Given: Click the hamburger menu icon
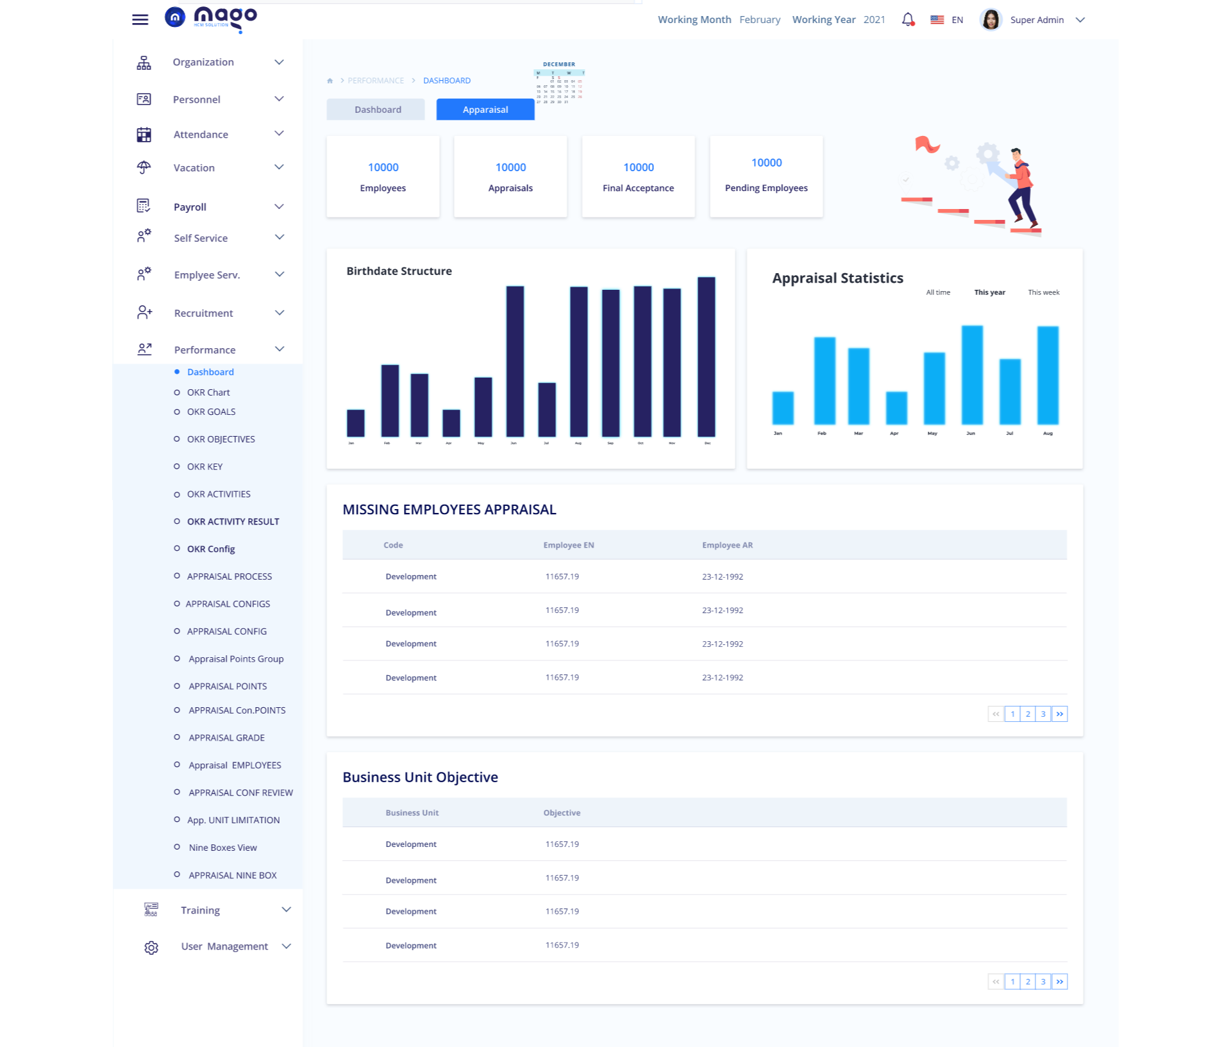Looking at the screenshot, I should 140,20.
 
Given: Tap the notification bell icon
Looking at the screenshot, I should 907,20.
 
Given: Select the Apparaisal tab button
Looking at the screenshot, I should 485,110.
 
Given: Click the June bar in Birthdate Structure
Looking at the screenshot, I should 515,362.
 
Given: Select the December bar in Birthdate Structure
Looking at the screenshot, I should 707,357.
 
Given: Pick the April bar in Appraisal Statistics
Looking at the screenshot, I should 896,408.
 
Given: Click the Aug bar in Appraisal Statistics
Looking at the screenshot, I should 1048,375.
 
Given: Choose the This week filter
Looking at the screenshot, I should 1043,292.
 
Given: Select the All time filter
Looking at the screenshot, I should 938,292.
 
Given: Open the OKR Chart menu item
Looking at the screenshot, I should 208,392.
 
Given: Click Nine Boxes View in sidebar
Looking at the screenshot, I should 222,848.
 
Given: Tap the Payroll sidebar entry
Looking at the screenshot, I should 190,207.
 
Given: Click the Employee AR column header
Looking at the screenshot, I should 727,545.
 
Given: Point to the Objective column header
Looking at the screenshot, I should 562,812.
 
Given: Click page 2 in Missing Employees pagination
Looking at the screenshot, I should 1028,714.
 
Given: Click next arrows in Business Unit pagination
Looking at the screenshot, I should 1060,982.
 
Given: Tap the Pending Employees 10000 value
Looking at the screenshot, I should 766,163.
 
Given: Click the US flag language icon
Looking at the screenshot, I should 937,20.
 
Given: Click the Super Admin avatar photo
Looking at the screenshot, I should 991,20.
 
